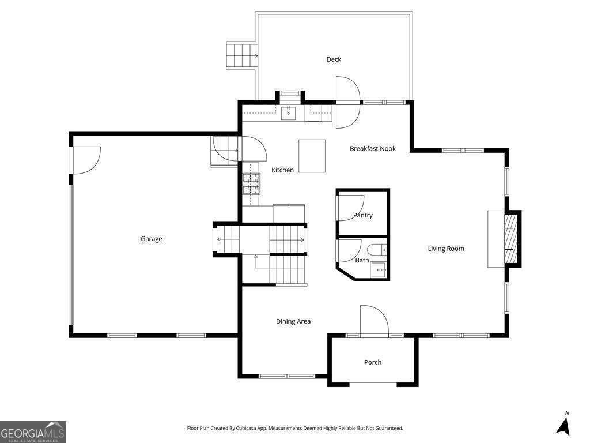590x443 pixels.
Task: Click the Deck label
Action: coord(334,59)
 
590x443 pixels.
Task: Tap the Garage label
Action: coord(152,239)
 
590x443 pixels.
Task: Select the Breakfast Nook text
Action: coord(373,149)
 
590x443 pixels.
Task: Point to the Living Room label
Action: coord(445,249)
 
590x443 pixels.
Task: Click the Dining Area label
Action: coord(293,321)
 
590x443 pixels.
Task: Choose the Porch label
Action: coord(373,362)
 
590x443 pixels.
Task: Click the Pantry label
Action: coord(363,215)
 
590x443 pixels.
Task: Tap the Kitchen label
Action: coord(282,170)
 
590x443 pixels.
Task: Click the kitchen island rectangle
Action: coord(312,156)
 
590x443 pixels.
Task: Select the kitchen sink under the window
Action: coord(289,112)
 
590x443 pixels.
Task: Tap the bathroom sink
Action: coord(379,268)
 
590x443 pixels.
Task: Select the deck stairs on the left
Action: coord(241,55)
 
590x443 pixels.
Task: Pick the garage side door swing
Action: coord(85,159)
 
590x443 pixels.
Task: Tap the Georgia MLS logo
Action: coord(33,431)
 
